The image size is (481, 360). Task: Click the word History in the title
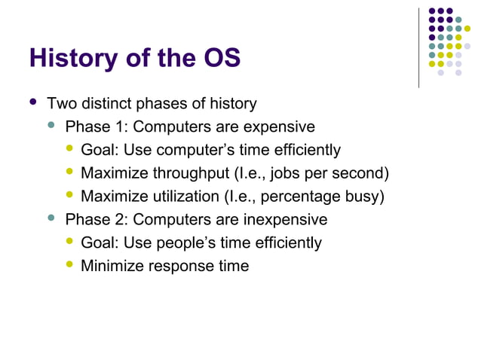coord(72,58)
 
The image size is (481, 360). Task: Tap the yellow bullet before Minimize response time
coord(70,265)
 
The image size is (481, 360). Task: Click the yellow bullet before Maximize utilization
coord(70,196)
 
